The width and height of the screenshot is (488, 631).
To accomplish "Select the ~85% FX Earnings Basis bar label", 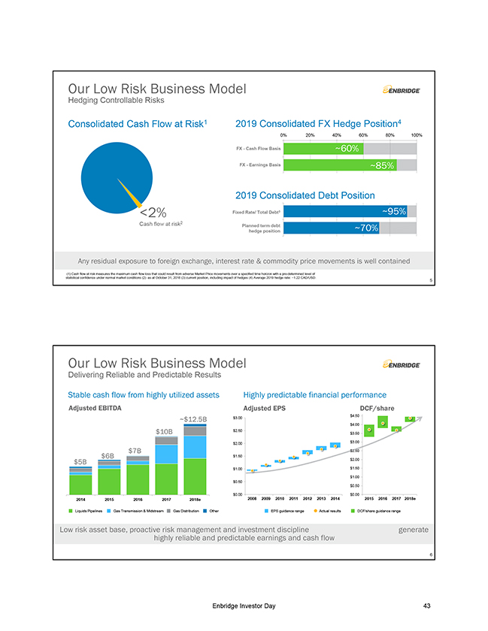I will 382,165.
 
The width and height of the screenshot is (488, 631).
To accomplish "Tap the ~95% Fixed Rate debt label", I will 394,211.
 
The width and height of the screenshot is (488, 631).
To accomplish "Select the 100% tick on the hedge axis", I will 416,135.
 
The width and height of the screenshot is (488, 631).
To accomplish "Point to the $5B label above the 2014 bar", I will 80,460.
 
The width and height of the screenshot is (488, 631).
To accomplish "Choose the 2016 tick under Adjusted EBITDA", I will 138,497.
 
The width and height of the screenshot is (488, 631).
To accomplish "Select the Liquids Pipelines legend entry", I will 92,511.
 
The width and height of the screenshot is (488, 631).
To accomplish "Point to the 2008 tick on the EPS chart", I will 254,497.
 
